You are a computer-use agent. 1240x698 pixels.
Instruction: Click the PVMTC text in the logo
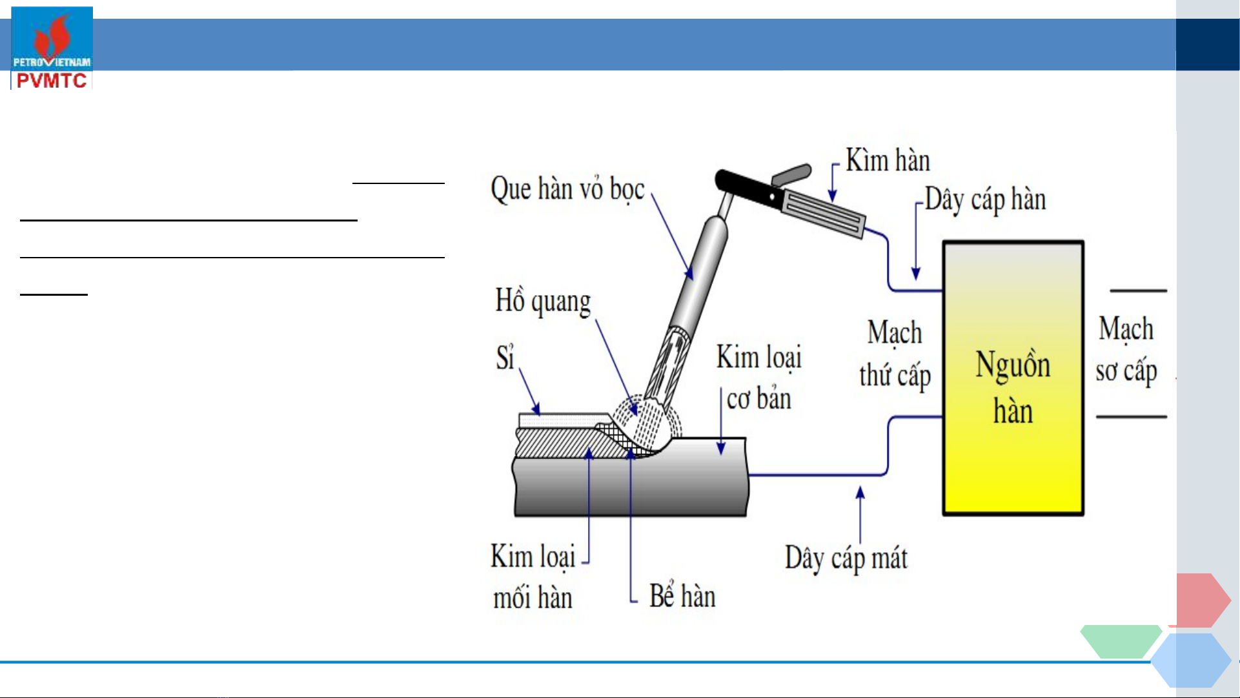click(x=52, y=81)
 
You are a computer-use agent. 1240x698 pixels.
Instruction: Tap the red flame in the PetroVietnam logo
click(x=52, y=36)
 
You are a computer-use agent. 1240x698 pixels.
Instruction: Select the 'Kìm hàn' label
click(x=888, y=160)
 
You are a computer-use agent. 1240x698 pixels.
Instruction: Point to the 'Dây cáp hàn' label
click(x=985, y=200)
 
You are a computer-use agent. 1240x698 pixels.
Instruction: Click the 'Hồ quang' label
click(x=543, y=302)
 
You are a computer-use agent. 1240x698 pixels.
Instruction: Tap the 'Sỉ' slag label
click(x=505, y=357)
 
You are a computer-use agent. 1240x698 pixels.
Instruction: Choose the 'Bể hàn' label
click(x=682, y=595)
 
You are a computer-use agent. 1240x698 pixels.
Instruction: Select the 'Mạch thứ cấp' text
click(x=895, y=354)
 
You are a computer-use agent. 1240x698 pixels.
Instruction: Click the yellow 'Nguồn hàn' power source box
click(x=1013, y=378)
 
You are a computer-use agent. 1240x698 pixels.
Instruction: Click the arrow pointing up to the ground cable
click(x=860, y=515)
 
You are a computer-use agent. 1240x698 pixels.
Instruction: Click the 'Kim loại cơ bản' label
click(x=759, y=378)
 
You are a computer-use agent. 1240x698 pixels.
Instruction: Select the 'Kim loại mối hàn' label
click(x=533, y=577)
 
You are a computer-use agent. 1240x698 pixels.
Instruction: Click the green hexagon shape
click(x=1121, y=641)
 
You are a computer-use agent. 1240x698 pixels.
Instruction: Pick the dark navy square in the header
click(x=1208, y=45)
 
